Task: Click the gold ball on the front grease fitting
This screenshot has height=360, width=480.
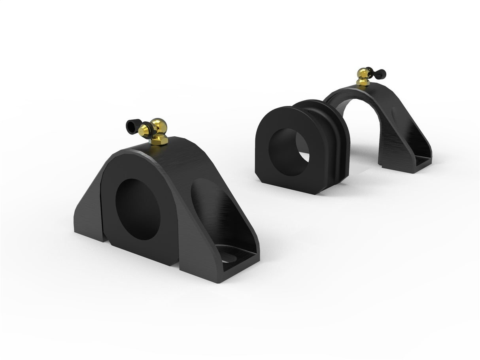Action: pos(159,125)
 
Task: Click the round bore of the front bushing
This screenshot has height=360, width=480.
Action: pos(138,209)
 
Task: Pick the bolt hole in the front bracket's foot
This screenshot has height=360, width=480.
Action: pos(228,258)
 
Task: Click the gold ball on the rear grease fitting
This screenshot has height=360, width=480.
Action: pos(362,73)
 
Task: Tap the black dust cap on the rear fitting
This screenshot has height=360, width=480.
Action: pos(381,73)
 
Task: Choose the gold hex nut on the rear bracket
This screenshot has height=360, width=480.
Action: pos(363,82)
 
